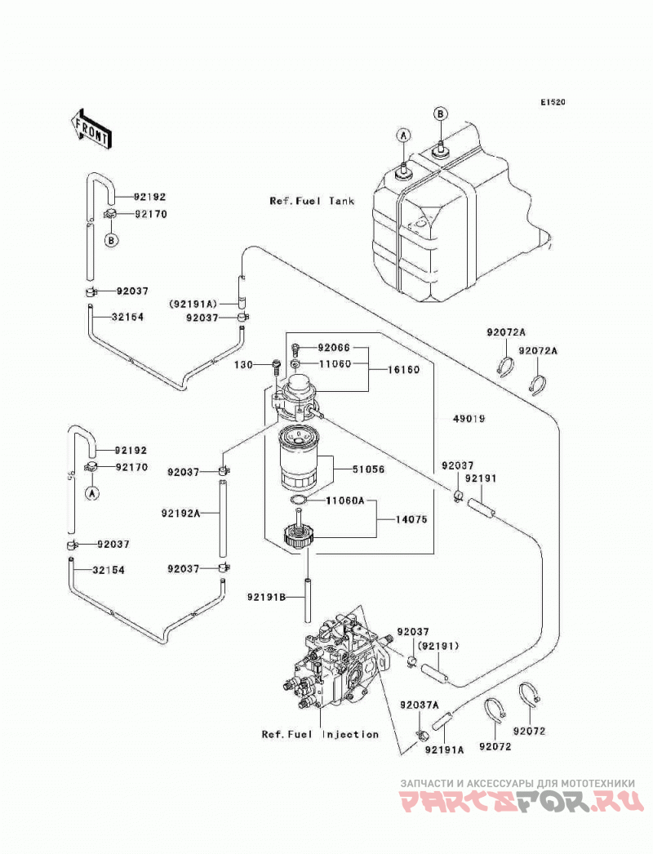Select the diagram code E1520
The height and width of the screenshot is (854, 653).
point(553,102)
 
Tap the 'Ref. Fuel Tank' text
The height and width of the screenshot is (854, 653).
point(312,201)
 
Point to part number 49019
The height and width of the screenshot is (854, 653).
point(469,419)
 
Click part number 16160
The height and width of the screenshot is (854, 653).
point(403,370)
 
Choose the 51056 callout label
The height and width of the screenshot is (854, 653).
point(368,469)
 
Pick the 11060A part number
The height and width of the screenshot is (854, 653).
point(344,500)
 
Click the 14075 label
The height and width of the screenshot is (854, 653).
point(411,519)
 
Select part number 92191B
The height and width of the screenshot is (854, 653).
point(266,598)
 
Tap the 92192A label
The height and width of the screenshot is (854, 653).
point(181,513)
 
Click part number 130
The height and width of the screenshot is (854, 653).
point(244,364)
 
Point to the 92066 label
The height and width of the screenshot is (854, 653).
point(335,348)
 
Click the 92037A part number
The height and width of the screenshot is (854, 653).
point(419,705)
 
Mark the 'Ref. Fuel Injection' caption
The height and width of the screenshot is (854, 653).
point(320,734)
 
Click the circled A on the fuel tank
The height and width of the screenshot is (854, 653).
point(403,136)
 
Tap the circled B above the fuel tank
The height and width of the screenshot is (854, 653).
point(440,113)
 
